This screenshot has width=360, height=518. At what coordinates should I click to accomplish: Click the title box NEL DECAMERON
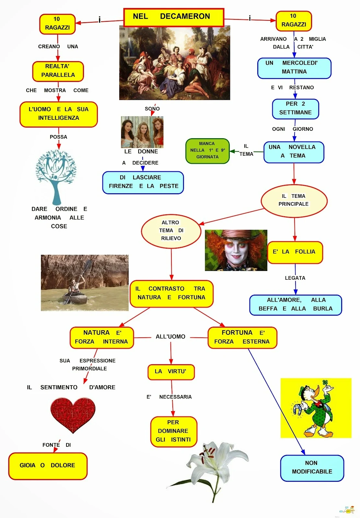pos(174,17)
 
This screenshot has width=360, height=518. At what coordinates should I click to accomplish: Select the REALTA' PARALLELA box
pos(58,71)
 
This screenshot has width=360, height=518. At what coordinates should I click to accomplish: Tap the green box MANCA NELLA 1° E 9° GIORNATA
pos(207,151)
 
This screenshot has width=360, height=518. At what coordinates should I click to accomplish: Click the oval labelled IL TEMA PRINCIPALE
pos(294,200)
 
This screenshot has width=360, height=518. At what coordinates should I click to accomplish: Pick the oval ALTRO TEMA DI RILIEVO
pos(171,231)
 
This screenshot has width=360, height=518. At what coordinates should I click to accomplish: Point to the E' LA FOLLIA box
pos(295,252)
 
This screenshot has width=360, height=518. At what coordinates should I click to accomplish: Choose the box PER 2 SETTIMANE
pos(295,108)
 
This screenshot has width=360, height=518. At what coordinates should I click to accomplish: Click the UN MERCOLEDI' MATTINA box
pos(294,68)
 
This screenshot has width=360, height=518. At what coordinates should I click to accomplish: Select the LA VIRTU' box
pos(171,372)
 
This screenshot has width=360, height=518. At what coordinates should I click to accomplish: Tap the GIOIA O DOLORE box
pos(48,466)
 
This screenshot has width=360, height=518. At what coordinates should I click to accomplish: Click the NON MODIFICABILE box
pos(312,467)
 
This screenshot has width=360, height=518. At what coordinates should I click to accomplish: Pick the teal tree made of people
pos(56,173)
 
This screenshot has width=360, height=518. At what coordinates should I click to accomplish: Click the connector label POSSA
pos(58,137)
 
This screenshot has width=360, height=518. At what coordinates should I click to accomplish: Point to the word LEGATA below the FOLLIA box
pos(295,278)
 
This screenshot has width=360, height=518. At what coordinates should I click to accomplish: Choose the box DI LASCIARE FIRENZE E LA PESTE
pos(143,182)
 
